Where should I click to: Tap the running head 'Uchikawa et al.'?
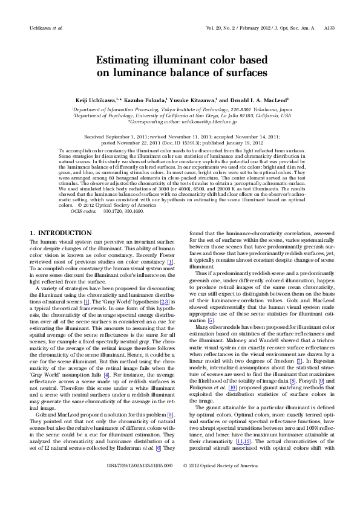[46, 28]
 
